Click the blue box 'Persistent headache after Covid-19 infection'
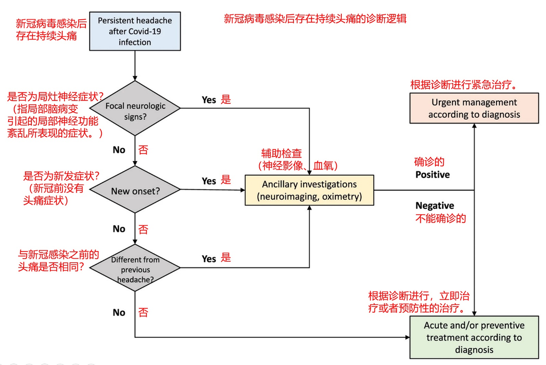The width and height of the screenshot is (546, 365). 135,31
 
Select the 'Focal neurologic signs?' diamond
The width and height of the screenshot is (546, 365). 135,111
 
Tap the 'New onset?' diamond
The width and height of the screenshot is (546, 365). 135,190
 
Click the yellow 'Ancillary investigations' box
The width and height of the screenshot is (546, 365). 309,190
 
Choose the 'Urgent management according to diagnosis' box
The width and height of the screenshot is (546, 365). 474,108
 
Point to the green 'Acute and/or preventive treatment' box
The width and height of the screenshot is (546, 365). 474,338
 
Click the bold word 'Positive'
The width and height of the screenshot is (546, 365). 432,175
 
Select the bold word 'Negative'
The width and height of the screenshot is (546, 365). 435,206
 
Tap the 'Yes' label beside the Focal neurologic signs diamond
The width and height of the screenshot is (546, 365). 208,100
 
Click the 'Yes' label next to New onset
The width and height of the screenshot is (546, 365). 208,181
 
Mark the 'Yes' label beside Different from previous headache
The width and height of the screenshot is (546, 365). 208,259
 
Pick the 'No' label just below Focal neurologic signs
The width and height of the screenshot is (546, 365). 119,150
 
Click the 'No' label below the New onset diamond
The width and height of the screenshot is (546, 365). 119,229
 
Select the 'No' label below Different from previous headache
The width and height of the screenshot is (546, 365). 119,312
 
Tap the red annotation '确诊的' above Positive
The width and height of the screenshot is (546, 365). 429,162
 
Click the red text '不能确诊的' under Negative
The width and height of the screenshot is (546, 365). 440,218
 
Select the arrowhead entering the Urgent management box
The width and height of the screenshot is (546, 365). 474,128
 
